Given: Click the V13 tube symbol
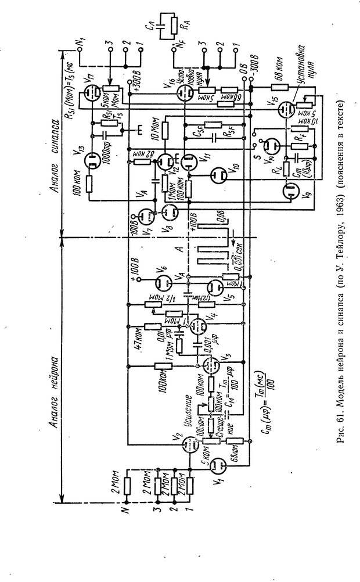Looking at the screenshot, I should click(93, 163).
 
